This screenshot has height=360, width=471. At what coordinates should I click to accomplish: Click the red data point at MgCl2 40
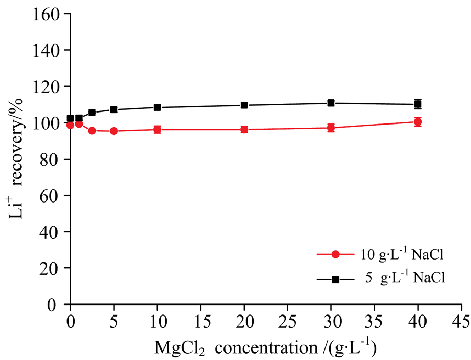click(418, 122)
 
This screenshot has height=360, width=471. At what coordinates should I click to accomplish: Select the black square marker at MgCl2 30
click(331, 103)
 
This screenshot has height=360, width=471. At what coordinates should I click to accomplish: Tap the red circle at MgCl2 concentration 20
click(244, 129)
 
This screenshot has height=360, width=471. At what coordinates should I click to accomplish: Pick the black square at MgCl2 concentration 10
click(157, 107)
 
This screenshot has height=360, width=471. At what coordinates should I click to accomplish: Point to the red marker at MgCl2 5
click(114, 131)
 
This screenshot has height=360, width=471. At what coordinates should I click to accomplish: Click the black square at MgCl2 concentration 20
click(244, 105)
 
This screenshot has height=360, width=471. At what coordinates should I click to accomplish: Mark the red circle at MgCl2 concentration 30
click(331, 128)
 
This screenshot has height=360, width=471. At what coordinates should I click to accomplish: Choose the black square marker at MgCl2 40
click(418, 104)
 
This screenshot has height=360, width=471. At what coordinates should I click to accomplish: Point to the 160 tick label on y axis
click(50, 14)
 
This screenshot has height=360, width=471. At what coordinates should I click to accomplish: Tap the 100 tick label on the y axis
click(50, 123)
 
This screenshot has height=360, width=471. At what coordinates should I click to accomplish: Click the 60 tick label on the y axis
click(53, 196)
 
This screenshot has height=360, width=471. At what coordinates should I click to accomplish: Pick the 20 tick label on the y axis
click(53, 268)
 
